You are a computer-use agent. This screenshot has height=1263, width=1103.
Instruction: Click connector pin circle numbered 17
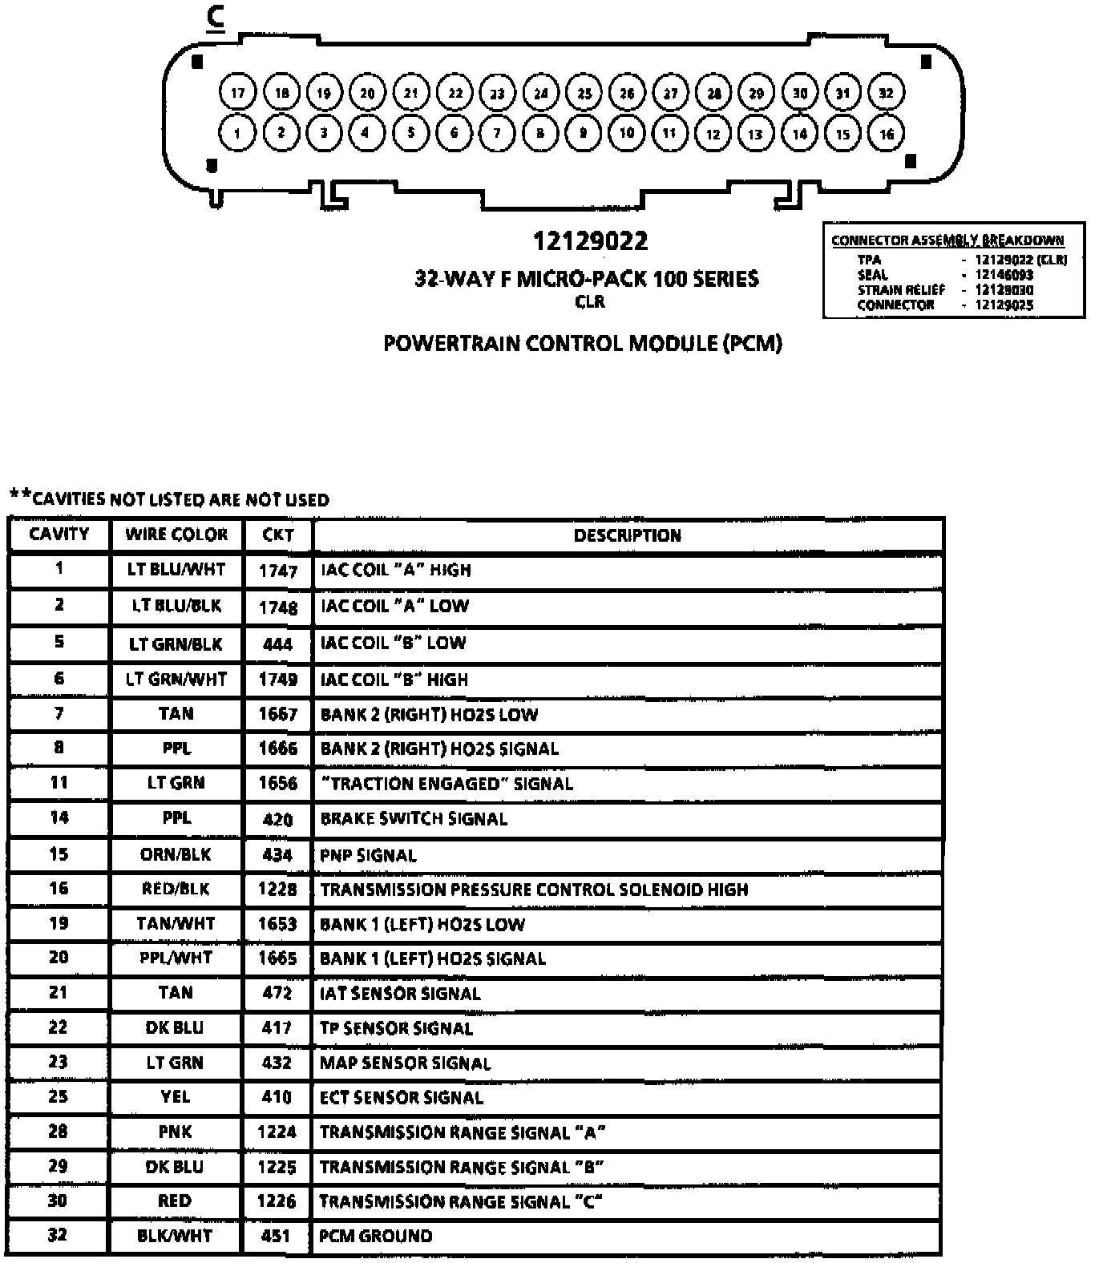coord(237,92)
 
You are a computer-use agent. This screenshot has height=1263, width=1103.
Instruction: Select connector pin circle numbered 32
coord(885,92)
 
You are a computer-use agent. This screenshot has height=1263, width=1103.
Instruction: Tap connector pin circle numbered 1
coord(237,133)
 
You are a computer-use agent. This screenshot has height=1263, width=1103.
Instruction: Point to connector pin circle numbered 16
coord(886,134)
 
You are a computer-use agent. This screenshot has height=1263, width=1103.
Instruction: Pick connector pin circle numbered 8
coord(540,133)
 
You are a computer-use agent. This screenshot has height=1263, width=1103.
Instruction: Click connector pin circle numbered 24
coord(541,92)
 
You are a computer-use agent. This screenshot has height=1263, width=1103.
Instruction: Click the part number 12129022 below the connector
coord(590,240)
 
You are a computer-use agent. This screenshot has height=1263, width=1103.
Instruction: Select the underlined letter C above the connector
coord(215,17)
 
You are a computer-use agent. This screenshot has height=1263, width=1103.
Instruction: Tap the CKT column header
coord(277,535)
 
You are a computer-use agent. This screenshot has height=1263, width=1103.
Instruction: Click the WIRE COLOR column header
coord(176,535)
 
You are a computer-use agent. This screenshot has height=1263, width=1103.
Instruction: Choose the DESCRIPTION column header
coord(627,535)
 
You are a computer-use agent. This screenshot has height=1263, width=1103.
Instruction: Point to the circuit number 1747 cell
coord(277,571)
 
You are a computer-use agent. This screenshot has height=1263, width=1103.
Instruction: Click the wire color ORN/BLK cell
coord(176,854)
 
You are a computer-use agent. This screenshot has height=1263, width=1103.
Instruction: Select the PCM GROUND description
coord(375,1236)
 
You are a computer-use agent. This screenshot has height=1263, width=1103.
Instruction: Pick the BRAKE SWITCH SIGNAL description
coord(414,819)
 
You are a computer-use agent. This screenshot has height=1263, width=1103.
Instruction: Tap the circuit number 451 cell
coord(276,1236)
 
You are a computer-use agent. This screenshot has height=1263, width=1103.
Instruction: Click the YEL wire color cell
coord(176,1096)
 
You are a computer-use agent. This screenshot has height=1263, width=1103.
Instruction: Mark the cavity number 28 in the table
coord(58,1132)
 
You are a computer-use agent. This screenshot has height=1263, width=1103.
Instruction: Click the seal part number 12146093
coord(1004,275)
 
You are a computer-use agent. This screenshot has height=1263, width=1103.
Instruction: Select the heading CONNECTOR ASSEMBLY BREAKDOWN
coord(947,240)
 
